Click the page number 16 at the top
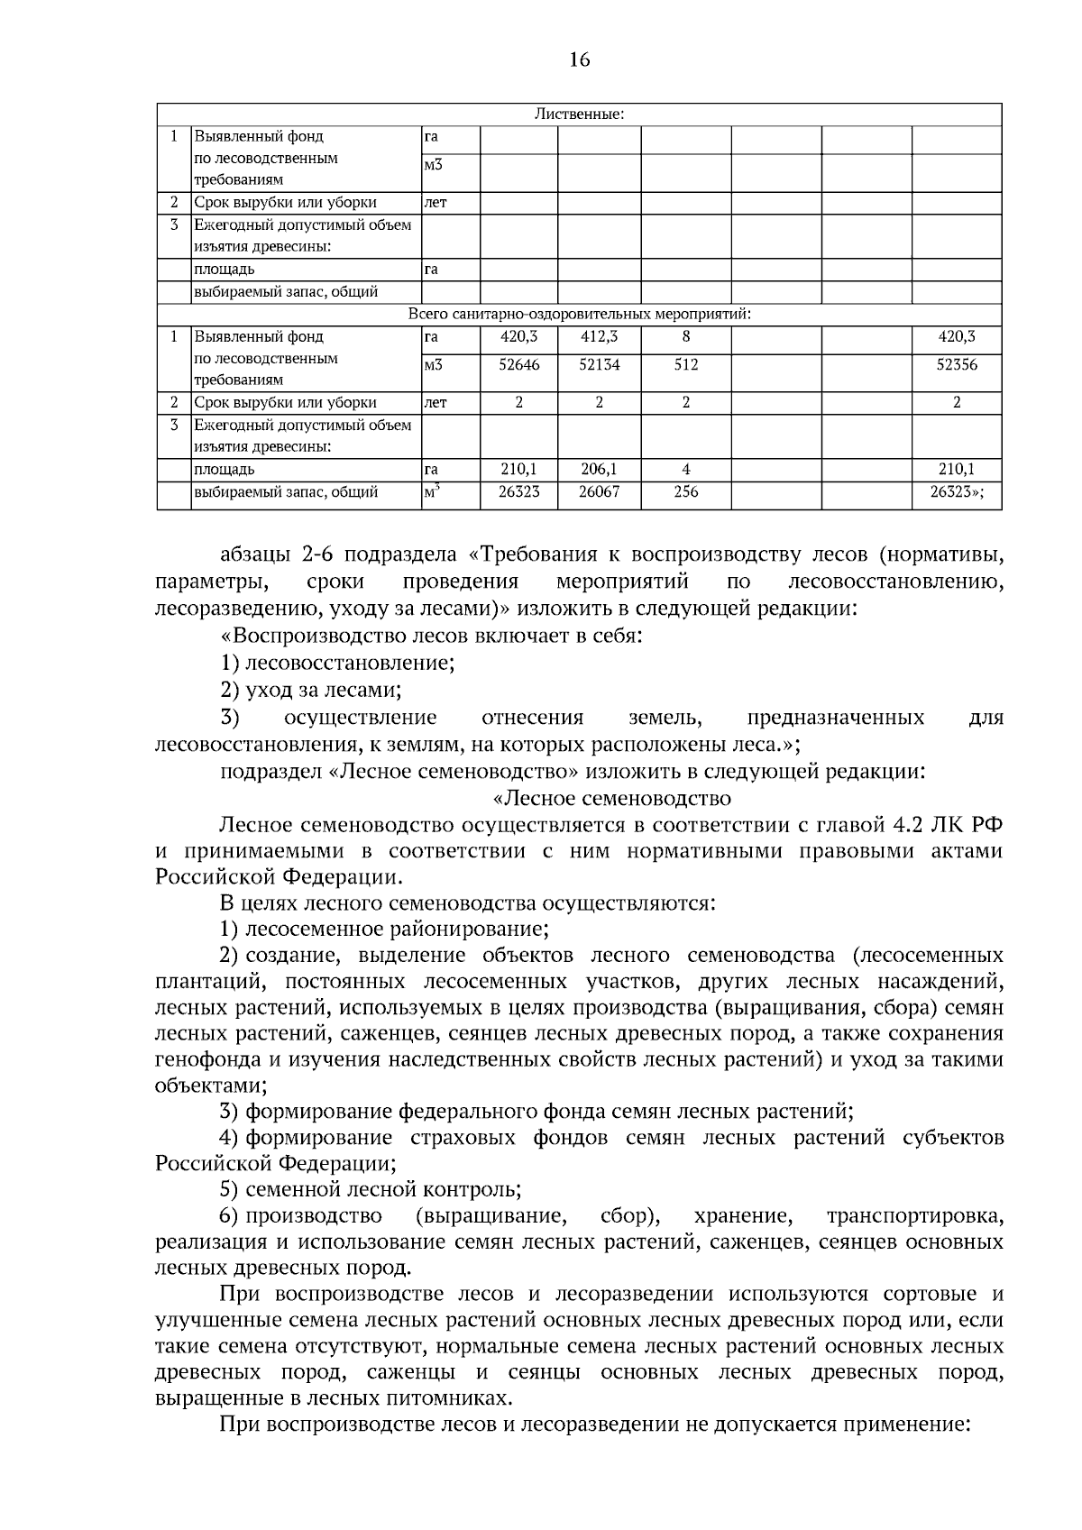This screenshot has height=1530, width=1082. point(579,60)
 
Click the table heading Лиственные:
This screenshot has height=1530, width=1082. point(579,115)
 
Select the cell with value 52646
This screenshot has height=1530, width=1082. point(518,365)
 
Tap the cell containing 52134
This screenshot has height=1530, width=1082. point(599,365)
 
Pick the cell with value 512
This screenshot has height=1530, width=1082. point(685,365)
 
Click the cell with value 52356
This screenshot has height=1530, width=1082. point(957,365)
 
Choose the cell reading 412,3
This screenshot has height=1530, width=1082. point(599,337)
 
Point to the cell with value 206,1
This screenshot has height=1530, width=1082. point(599,470)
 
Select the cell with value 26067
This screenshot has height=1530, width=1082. point(599,492)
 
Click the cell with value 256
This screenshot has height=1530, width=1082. point(685,492)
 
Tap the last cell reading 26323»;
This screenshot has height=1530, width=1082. point(957,492)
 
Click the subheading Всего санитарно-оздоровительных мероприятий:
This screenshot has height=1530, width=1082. point(579,315)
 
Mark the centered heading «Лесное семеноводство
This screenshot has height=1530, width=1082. point(613,799)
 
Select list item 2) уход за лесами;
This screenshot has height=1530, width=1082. point(311,691)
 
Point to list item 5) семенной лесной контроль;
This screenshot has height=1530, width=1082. point(371,1190)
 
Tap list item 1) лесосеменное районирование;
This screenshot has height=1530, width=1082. point(385,929)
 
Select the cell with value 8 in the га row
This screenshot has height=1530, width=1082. point(685,337)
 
